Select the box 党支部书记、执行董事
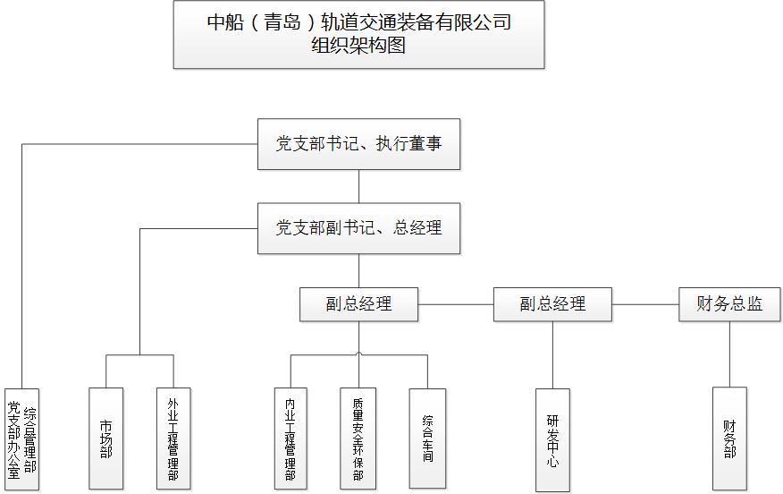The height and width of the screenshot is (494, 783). (358, 144)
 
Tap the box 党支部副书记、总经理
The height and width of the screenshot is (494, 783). (358, 228)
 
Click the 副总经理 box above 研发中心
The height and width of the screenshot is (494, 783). (552, 304)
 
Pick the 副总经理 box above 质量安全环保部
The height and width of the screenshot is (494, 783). (358, 304)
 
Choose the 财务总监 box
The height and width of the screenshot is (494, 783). (729, 304)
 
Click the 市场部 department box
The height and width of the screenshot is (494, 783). (105, 439)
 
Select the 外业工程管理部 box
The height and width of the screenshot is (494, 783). (173, 439)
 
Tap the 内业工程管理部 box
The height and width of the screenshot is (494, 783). (290, 439)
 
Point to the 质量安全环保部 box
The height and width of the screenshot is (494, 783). (358, 439)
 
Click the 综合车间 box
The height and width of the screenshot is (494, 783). (427, 439)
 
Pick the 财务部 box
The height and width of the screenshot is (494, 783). (729, 439)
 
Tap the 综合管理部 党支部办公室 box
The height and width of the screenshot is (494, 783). (22, 439)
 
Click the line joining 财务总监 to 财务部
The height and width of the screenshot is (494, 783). (729, 353)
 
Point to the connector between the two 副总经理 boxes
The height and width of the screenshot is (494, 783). (456, 304)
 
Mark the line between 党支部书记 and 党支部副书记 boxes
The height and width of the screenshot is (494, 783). (358, 186)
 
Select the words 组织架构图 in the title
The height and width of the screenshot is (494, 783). (358, 46)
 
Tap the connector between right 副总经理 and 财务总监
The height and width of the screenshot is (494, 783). (645, 304)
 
